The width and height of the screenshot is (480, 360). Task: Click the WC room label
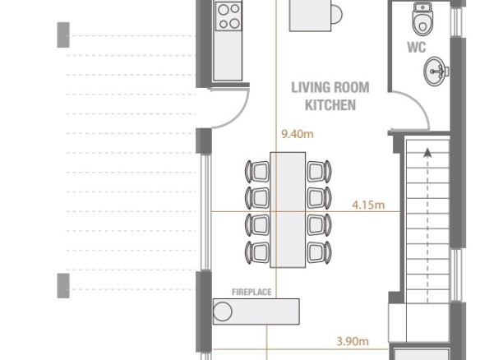(417, 48)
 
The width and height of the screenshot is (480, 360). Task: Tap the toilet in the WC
(422, 19)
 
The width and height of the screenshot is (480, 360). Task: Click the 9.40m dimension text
(298, 134)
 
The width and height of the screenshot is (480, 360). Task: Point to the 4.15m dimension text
(368, 205)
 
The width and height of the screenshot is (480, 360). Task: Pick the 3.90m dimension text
(353, 341)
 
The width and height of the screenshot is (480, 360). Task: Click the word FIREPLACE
(252, 292)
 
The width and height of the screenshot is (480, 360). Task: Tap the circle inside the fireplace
(223, 312)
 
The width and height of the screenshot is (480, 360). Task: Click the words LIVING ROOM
(330, 88)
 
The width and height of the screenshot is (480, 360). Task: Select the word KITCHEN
(330, 105)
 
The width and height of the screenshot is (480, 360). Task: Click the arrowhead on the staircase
(427, 152)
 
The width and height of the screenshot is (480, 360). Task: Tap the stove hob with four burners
(228, 16)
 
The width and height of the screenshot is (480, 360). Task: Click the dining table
(288, 210)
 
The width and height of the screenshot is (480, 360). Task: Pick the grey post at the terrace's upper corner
(63, 35)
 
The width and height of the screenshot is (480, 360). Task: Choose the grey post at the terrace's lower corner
(63, 285)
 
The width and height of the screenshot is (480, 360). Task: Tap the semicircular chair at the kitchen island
(337, 14)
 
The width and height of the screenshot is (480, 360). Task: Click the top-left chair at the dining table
(257, 172)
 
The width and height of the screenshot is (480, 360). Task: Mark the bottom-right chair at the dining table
(319, 252)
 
